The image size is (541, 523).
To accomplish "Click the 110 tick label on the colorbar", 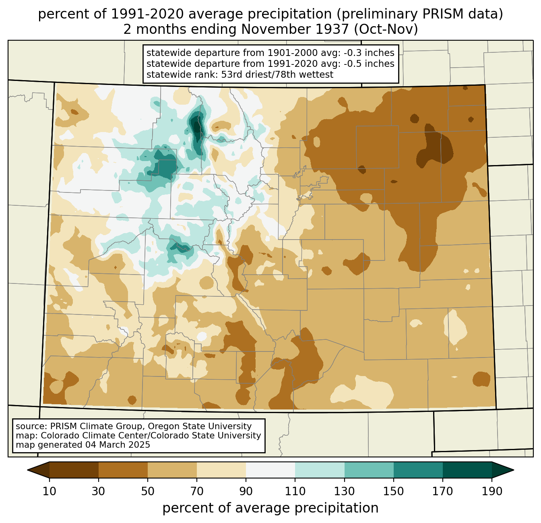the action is point(295,491).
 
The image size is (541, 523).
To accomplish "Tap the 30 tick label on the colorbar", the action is point(98,491).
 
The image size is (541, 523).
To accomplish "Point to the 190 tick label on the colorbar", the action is point(492,491).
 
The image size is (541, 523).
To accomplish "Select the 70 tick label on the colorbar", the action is point(197,491).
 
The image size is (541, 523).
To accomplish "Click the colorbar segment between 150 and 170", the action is point(418,470).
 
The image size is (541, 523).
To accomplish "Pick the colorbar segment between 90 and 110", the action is point(270,470).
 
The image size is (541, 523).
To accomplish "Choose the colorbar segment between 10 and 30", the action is point(74,470).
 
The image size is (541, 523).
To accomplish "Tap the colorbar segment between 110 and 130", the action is point(320,470).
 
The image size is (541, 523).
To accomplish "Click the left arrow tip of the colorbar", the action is point(28,470).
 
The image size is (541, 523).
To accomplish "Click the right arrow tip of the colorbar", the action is point(513,470).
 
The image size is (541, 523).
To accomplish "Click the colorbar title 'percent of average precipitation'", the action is point(270,508).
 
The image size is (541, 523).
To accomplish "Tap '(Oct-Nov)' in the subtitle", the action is point(386,29).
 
